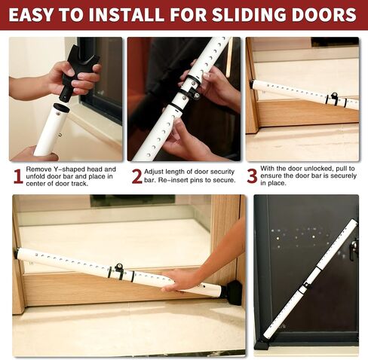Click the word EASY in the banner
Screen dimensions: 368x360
[x=32, y=14]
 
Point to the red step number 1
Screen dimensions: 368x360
[x=18, y=176]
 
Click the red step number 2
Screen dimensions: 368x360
[x=137, y=176]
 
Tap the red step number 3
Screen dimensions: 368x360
[x=252, y=176]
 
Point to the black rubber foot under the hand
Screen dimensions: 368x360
[x=234, y=293]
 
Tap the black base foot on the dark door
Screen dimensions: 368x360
[x=262, y=344]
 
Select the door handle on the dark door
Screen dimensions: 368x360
[x=354, y=250]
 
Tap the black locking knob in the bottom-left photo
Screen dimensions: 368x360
[x=118, y=267]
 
